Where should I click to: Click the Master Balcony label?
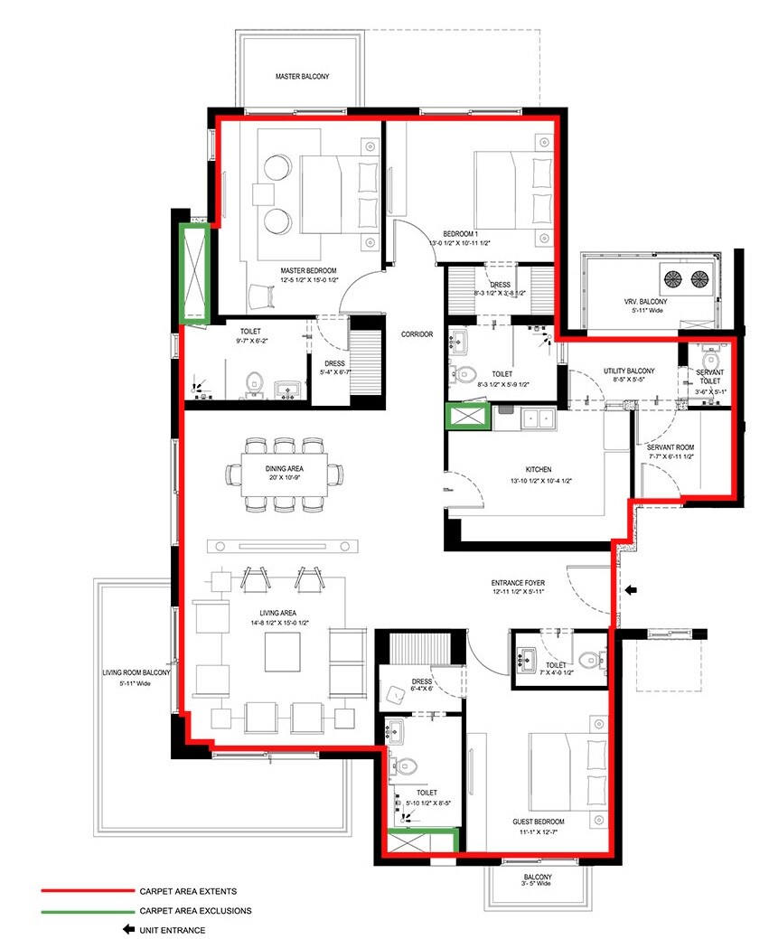[302, 78]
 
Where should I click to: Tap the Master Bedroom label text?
[308, 271]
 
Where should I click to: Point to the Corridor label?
[417, 334]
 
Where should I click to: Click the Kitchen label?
[539, 469]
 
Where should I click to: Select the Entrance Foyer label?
[517, 583]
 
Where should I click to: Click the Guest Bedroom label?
[539, 822]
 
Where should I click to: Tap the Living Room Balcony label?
[136, 673]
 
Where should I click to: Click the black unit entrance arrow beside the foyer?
[632, 590]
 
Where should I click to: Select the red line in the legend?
[85, 890]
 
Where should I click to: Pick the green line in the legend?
[85, 910]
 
